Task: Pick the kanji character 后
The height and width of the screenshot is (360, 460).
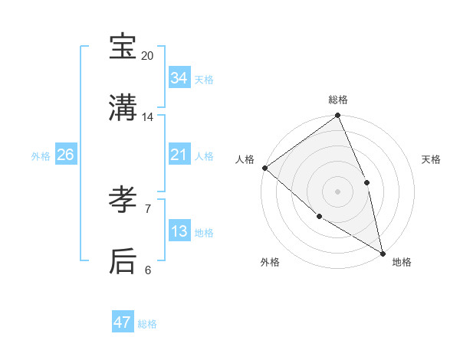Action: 123,260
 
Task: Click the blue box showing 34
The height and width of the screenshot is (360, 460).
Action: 179,78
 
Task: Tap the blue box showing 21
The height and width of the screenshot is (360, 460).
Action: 179,155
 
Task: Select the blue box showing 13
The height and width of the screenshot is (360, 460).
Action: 179,231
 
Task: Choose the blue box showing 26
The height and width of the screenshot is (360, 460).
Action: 66,155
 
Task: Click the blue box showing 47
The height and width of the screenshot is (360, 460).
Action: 123,322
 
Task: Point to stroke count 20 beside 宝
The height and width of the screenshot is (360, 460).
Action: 148,56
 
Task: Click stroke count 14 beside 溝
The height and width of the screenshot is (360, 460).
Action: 148,117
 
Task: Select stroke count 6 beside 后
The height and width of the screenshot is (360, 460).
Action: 148,270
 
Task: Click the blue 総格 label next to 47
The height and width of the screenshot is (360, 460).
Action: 148,324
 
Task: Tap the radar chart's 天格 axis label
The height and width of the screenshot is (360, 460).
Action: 432,159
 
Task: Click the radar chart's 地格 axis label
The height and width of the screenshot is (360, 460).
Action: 402,262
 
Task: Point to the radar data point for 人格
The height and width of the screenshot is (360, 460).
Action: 264,168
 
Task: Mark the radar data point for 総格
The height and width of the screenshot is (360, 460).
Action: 337,116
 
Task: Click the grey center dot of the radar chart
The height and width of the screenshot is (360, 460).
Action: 337,191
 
